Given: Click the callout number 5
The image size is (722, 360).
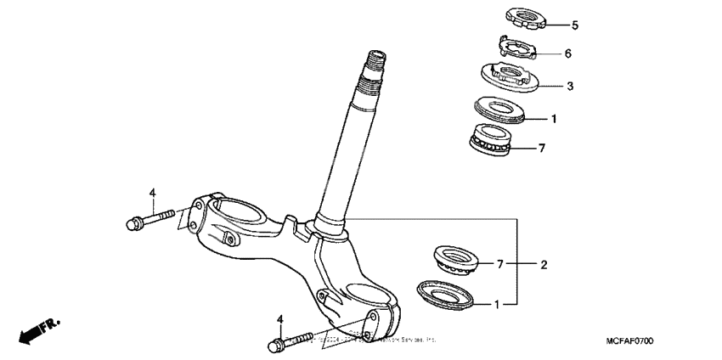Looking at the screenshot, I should pyautogui.click(x=574, y=25).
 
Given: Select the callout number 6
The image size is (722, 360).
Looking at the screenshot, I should pyautogui.click(x=567, y=53).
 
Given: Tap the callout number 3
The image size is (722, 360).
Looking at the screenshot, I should pyautogui.click(x=570, y=86).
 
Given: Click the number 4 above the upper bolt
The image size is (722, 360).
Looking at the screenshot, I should pyautogui.click(x=153, y=194).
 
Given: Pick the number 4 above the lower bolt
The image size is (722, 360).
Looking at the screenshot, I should pyautogui.click(x=279, y=318).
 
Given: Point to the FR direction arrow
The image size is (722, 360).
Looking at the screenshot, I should pyautogui.click(x=41, y=329).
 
